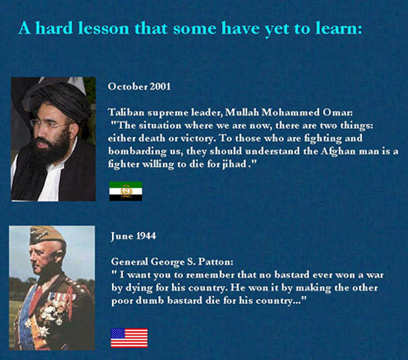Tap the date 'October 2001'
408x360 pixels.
(139, 86)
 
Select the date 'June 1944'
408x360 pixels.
(134, 236)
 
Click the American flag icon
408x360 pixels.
(129, 338)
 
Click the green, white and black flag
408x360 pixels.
(125, 191)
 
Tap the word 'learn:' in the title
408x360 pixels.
(340, 29)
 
